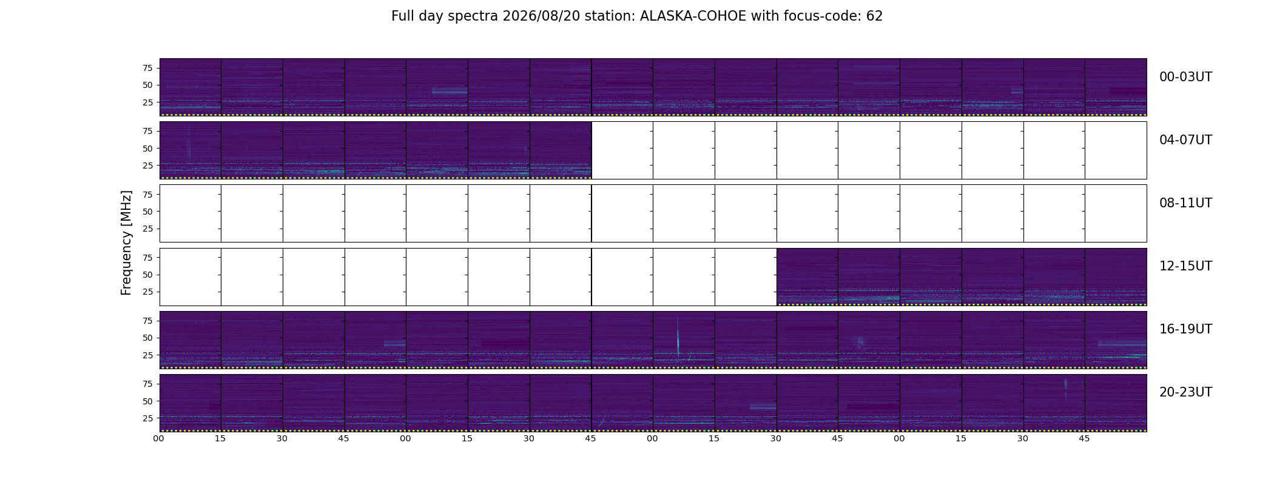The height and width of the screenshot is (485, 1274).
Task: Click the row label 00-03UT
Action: pos(1185,77)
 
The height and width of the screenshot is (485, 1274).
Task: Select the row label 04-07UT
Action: pos(1185,140)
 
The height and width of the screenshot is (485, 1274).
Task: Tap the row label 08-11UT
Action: pos(1185,203)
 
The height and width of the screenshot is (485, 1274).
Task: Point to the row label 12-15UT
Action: pos(1185,266)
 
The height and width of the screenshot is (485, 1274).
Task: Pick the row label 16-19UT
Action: pos(1185,329)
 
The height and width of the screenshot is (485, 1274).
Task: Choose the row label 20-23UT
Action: pos(1185,392)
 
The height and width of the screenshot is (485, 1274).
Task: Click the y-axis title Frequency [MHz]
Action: pos(126,243)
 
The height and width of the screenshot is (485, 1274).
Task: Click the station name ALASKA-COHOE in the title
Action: pos(693,16)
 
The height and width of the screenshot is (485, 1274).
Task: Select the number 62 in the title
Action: pos(874,16)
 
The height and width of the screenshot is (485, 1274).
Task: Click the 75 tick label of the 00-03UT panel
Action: pos(147,68)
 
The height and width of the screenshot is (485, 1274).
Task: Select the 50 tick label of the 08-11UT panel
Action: pos(147,212)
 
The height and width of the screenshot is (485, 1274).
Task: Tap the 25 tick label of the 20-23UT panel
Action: pos(147,418)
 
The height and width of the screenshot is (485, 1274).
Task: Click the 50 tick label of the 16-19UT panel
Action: pos(147,338)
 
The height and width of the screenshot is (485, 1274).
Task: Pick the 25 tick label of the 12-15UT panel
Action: pos(147,292)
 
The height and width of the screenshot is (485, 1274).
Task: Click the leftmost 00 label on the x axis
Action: pos(159,438)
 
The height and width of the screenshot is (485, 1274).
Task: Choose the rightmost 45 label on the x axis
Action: pos(1084,438)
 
